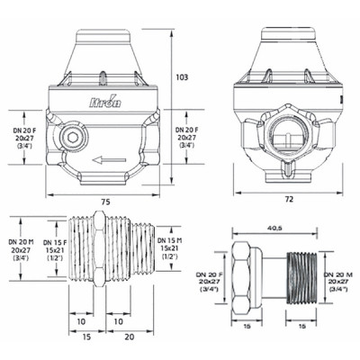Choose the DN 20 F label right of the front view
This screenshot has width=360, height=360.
click(190, 140)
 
